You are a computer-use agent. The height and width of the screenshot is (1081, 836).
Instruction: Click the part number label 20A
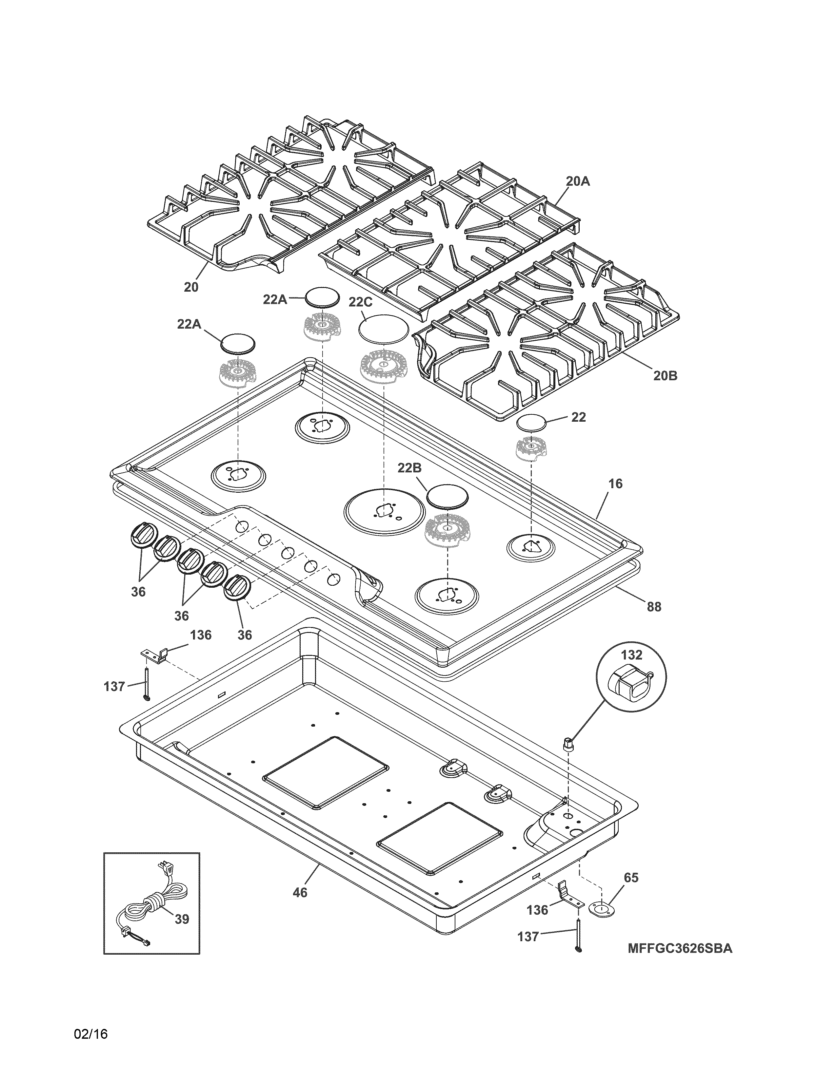click(x=578, y=182)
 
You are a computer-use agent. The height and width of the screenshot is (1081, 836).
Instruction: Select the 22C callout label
click(x=361, y=302)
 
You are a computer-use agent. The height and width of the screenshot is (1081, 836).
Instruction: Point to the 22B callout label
click(x=409, y=468)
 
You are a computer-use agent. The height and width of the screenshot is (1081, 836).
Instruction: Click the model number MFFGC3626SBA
click(x=680, y=949)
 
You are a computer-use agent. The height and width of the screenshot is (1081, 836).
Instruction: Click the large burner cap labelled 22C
click(x=384, y=328)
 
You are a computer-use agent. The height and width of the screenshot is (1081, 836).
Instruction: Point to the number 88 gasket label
click(x=654, y=606)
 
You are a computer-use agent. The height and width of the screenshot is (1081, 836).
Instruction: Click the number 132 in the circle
click(x=631, y=655)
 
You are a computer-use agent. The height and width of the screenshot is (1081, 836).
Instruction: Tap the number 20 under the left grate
click(x=191, y=287)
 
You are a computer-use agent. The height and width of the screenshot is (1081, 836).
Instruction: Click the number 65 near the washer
click(x=631, y=878)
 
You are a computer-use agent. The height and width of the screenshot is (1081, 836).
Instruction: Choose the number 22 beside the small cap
click(x=578, y=417)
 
